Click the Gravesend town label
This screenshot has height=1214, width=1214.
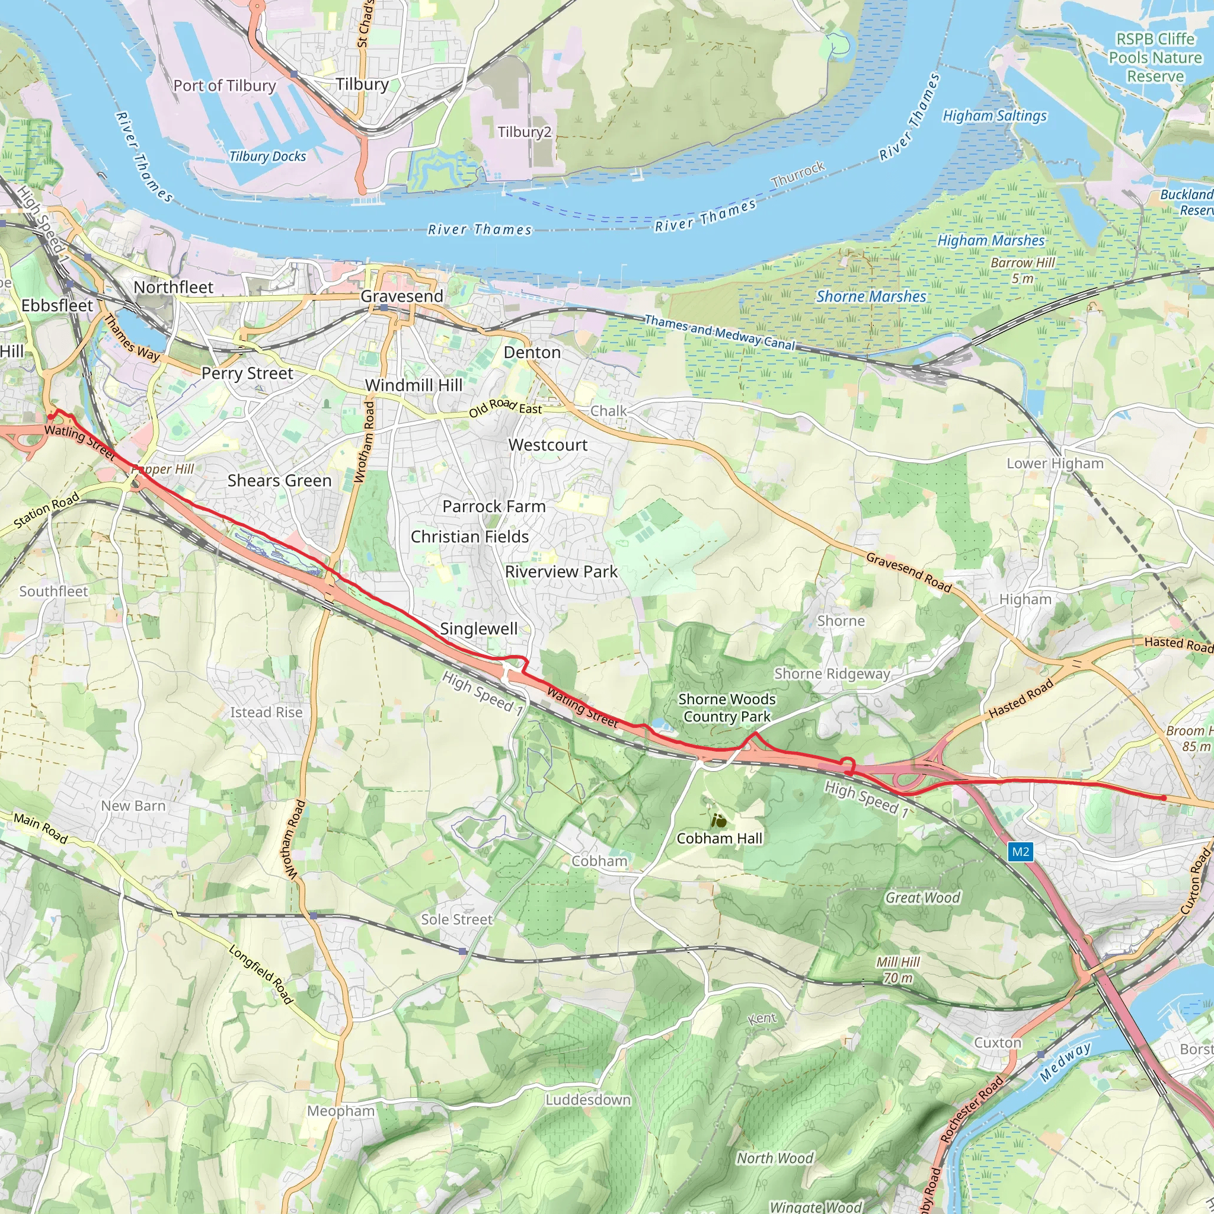click(x=401, y=296)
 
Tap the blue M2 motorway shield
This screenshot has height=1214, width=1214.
click(x=1020, y=851)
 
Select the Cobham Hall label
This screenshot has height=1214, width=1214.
click(x=719, y=838)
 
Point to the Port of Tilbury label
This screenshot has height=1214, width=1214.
click(x=224, y=85)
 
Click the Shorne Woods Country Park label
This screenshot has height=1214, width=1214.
click(x=726, y=708)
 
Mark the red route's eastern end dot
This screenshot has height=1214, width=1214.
click(x=1164, y=798)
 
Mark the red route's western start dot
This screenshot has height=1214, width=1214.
click(x=51, y=417)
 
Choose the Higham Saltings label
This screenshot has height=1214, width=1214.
click(x=994, y=116)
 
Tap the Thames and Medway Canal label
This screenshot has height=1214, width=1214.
click(x=720, y=333)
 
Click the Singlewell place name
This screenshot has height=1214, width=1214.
click(x=478, y=628)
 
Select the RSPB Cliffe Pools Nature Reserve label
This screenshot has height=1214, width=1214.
click(x=1155, y=57)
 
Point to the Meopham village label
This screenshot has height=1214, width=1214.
click(x=341, y=1111)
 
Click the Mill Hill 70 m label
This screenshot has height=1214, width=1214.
click(x=898, y=970)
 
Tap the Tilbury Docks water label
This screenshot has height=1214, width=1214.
click(x=267, y=156)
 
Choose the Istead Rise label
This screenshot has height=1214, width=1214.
click(x=266, y=712)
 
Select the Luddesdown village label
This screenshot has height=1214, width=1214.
click(x=587, y=1100)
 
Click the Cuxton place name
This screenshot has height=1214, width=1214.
click(x=997, y=1043)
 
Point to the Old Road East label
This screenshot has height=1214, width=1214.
click(x=505, y=407)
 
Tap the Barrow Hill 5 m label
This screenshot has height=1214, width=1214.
click(x=1023, y=270)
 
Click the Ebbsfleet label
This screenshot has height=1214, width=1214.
click(x=56, y=305)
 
